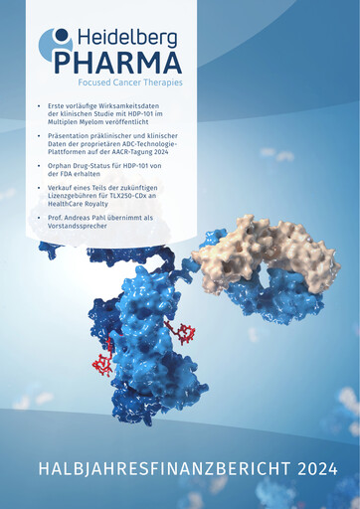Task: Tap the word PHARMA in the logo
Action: point(118,62)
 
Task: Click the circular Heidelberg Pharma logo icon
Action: point(57,46)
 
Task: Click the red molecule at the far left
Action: point(102,364)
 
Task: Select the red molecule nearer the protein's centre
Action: point(181,332)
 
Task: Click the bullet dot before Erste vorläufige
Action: point(38,104)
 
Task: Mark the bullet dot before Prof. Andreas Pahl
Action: point(38,217)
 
